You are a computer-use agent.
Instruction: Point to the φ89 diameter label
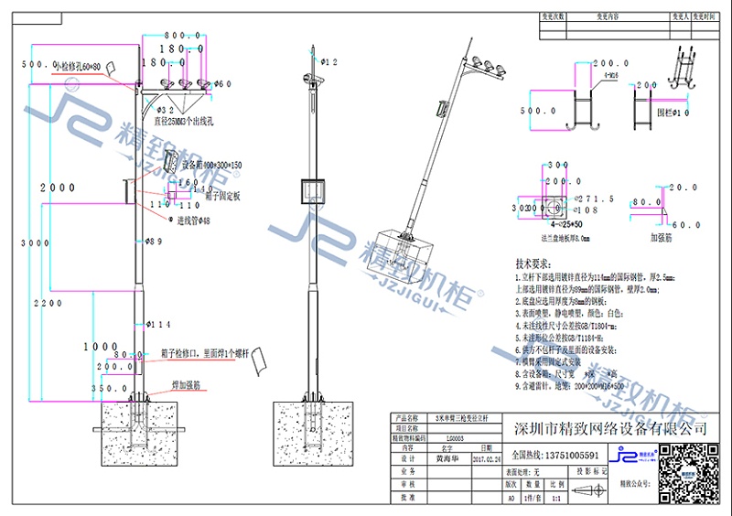point(153,242)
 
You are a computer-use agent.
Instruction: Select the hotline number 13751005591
point(571,455)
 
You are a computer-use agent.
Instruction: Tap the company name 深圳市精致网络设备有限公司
point(610,427)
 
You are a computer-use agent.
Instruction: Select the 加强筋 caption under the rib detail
point(663,236)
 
